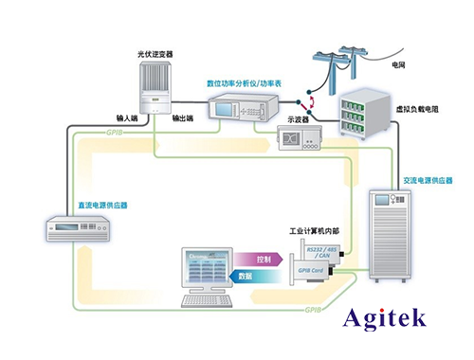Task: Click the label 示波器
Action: pos(301,120)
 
